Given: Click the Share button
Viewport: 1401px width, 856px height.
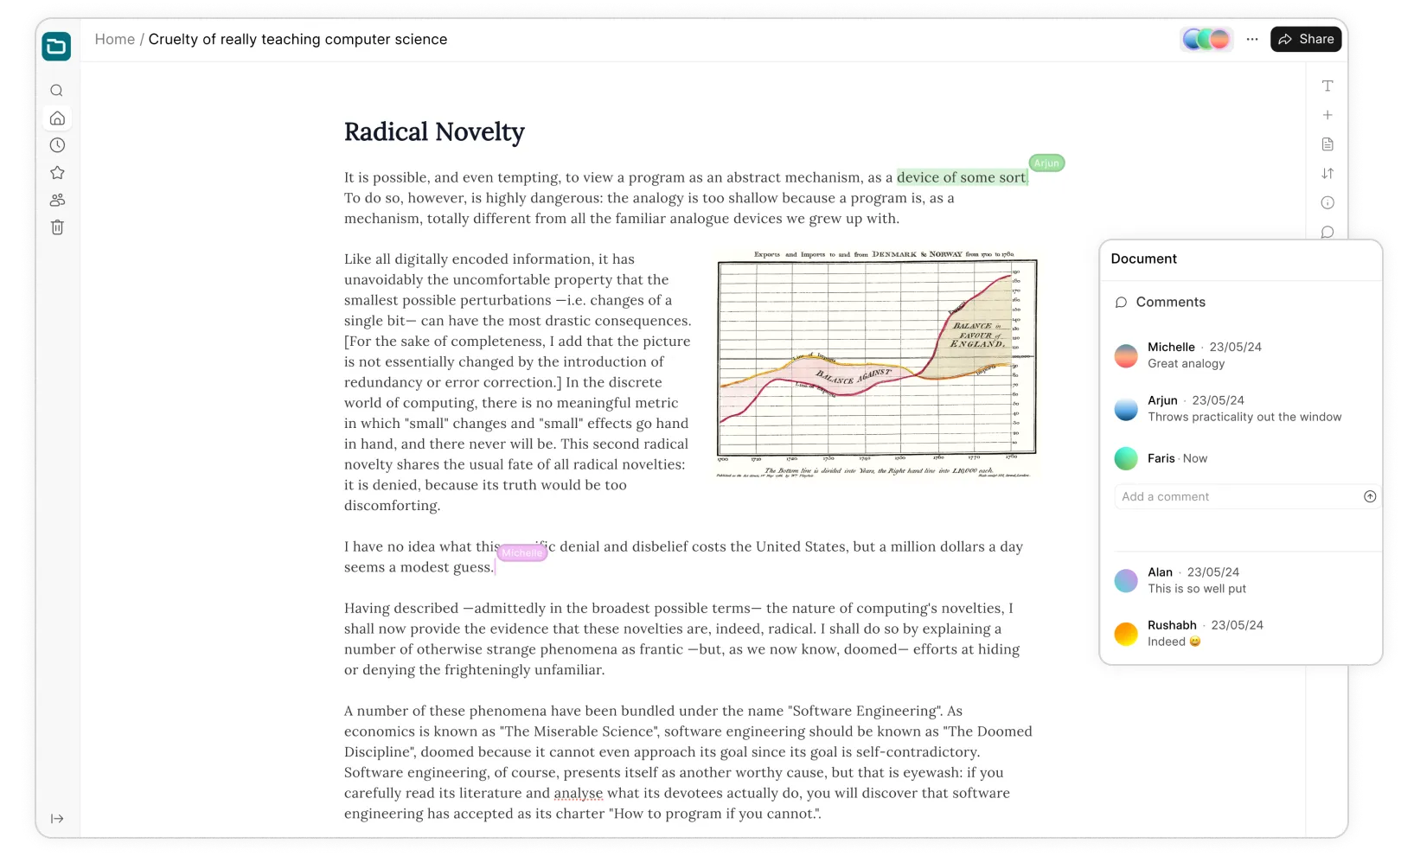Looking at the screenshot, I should coord(1306,39).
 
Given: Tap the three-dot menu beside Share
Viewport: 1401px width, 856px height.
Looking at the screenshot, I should coord(1252,39).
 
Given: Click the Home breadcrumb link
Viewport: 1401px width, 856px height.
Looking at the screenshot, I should coord(114,39).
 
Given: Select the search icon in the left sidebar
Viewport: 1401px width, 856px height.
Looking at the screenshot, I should coord(57,91).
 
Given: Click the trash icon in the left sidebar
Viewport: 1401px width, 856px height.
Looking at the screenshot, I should coord(57,227).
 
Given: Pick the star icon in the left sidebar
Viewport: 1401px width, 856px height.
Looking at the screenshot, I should coord(57,173).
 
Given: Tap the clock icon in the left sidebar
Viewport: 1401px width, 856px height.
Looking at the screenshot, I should coord(57,145).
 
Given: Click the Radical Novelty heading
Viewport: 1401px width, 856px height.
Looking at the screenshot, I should coord(434,131).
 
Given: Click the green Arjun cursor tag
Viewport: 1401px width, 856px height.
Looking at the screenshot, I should coord(1046,163).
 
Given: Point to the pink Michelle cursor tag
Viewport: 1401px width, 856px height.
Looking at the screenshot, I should coord(522,553).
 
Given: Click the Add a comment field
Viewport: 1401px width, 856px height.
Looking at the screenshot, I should coord(1237,496).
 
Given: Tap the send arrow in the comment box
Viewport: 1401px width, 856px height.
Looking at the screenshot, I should coord(1370,496).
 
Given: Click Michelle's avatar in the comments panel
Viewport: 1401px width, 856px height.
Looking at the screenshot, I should coord(1126,355).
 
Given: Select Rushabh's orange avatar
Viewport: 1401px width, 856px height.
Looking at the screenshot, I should coord(1126,634).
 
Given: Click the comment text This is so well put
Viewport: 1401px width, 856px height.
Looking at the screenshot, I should coord(1197,589).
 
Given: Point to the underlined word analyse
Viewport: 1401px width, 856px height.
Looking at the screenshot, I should coord(579,793).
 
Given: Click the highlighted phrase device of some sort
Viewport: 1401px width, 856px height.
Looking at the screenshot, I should coord(961,177).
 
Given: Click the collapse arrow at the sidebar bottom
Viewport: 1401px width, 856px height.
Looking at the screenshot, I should coord(57,819).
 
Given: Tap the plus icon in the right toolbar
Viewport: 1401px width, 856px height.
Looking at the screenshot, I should coord(1327,115).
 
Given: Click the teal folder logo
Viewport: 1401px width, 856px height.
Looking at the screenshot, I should coord(56,47).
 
